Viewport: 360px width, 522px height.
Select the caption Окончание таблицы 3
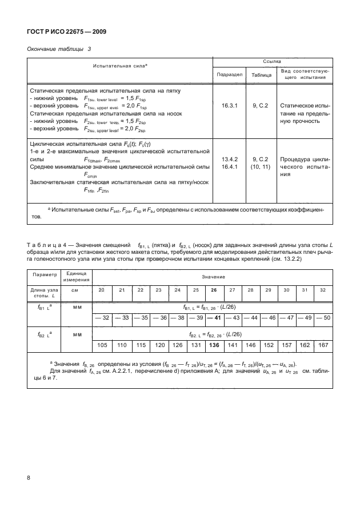[x=59, y=50]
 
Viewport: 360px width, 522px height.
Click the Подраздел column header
[x=229, y=74]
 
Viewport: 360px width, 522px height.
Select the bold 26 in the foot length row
[x=214, y=290]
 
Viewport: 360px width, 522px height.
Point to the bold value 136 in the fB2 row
[x=214, y=345]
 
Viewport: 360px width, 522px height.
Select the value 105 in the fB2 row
[x=102, y=345]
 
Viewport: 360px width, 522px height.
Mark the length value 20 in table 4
[x=102, y=290]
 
